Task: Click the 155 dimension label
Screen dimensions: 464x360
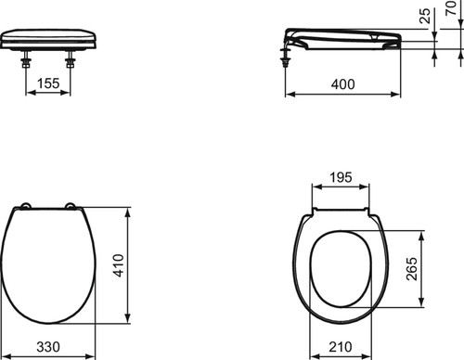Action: tap(48, 84)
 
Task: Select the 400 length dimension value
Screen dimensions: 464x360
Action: tap(342, 84)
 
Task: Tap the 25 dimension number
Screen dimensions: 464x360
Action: tap(426, 16)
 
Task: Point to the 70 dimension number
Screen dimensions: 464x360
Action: tap(452, 7)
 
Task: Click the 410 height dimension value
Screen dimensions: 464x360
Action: tap(119, 265)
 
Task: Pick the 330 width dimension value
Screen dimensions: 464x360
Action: tap(48, 347)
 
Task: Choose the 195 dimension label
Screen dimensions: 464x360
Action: tap(341, 177)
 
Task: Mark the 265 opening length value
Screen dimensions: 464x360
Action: tap(412, 269)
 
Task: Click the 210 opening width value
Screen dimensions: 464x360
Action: tap(341, 347)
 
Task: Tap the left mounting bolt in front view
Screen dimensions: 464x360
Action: tap(25, 60)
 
